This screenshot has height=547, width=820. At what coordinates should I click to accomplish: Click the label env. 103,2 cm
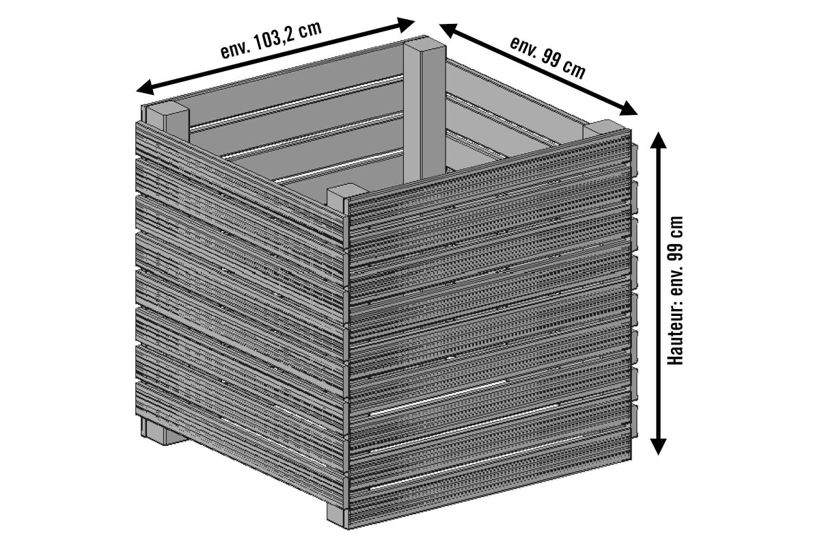pos(271,42)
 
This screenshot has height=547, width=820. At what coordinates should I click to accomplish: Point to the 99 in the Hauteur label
pos(676,248)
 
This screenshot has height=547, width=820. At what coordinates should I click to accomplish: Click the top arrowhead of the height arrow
pos(658,139)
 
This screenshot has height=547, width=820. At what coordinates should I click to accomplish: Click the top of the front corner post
pos(342,194)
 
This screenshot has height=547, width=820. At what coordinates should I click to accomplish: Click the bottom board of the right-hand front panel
pos(489,485)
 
